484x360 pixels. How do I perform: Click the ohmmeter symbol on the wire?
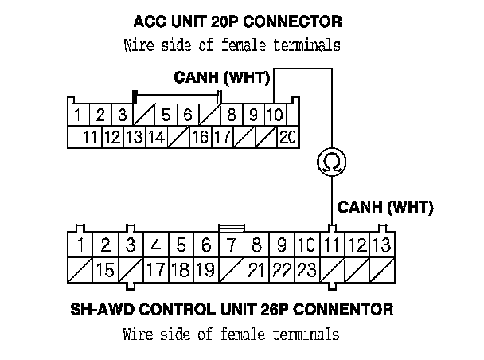[x=329, y=163]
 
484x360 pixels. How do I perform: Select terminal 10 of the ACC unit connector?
[x=273, y=115]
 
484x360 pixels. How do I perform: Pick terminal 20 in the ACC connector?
[x=287, y=136]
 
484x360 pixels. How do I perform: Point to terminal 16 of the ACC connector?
[x=200, y=136]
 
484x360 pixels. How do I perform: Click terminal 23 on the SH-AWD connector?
[x=306, y=269]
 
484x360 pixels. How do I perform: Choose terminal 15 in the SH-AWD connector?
[x=105, y=269]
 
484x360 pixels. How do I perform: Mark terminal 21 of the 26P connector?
[x=256, y=269]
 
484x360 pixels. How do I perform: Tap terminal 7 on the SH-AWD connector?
[x=232, y=245]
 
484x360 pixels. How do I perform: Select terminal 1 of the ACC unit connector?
[x=78, y=115]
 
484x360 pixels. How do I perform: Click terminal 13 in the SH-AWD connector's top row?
[x=382, y=245]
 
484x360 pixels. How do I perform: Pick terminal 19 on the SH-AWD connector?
[x=206, y=269]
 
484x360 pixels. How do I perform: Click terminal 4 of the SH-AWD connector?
[x=157, y=245]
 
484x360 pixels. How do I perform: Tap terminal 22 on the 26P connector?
[x=282, y=269]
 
